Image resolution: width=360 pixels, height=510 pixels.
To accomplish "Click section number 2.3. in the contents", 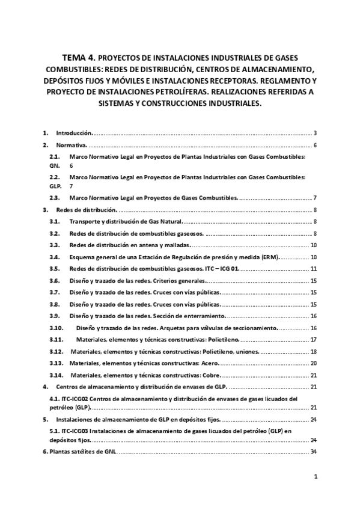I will pyautogui.click(x=54, y=198).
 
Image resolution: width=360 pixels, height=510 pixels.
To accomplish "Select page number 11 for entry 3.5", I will pyautogui.click(x=314, y=268).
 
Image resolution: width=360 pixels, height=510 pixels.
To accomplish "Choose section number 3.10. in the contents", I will pyautogui.click(x=56, y=328).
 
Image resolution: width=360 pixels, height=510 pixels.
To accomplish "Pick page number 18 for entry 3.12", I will pyautogui.click(x=314, y=351).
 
